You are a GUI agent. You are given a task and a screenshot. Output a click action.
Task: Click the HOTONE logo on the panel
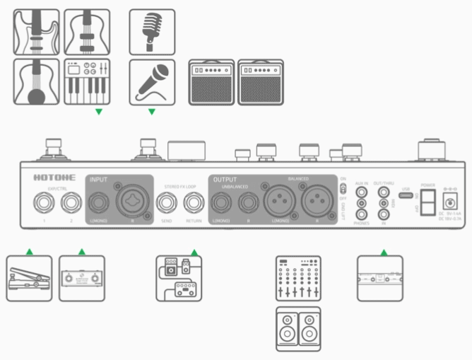coord(50,179)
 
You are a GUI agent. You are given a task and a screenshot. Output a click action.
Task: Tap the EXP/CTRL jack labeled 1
coord(43,204)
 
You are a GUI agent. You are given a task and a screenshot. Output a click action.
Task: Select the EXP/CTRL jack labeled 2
coord(71,204)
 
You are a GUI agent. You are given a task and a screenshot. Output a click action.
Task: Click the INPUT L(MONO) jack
coord(98,204)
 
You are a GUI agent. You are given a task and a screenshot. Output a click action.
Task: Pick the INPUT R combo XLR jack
coord(132,204)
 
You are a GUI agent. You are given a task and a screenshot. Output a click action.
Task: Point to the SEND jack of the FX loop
coord(167,204)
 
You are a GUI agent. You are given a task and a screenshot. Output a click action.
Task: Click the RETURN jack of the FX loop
coord(193,204)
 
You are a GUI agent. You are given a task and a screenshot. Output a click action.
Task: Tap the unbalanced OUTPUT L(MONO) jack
coord(220,204)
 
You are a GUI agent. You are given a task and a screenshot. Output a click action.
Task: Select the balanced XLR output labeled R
coord(317,204)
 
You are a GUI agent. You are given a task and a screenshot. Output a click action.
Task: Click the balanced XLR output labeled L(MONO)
coord(279,204)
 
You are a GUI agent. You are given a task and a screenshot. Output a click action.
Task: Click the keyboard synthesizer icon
coord(86,82)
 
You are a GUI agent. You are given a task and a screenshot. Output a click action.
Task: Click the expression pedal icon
coord(30,278)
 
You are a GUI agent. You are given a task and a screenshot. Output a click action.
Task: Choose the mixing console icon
coord(297,278)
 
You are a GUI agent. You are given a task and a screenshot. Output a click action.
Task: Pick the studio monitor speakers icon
coord(297,328)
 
